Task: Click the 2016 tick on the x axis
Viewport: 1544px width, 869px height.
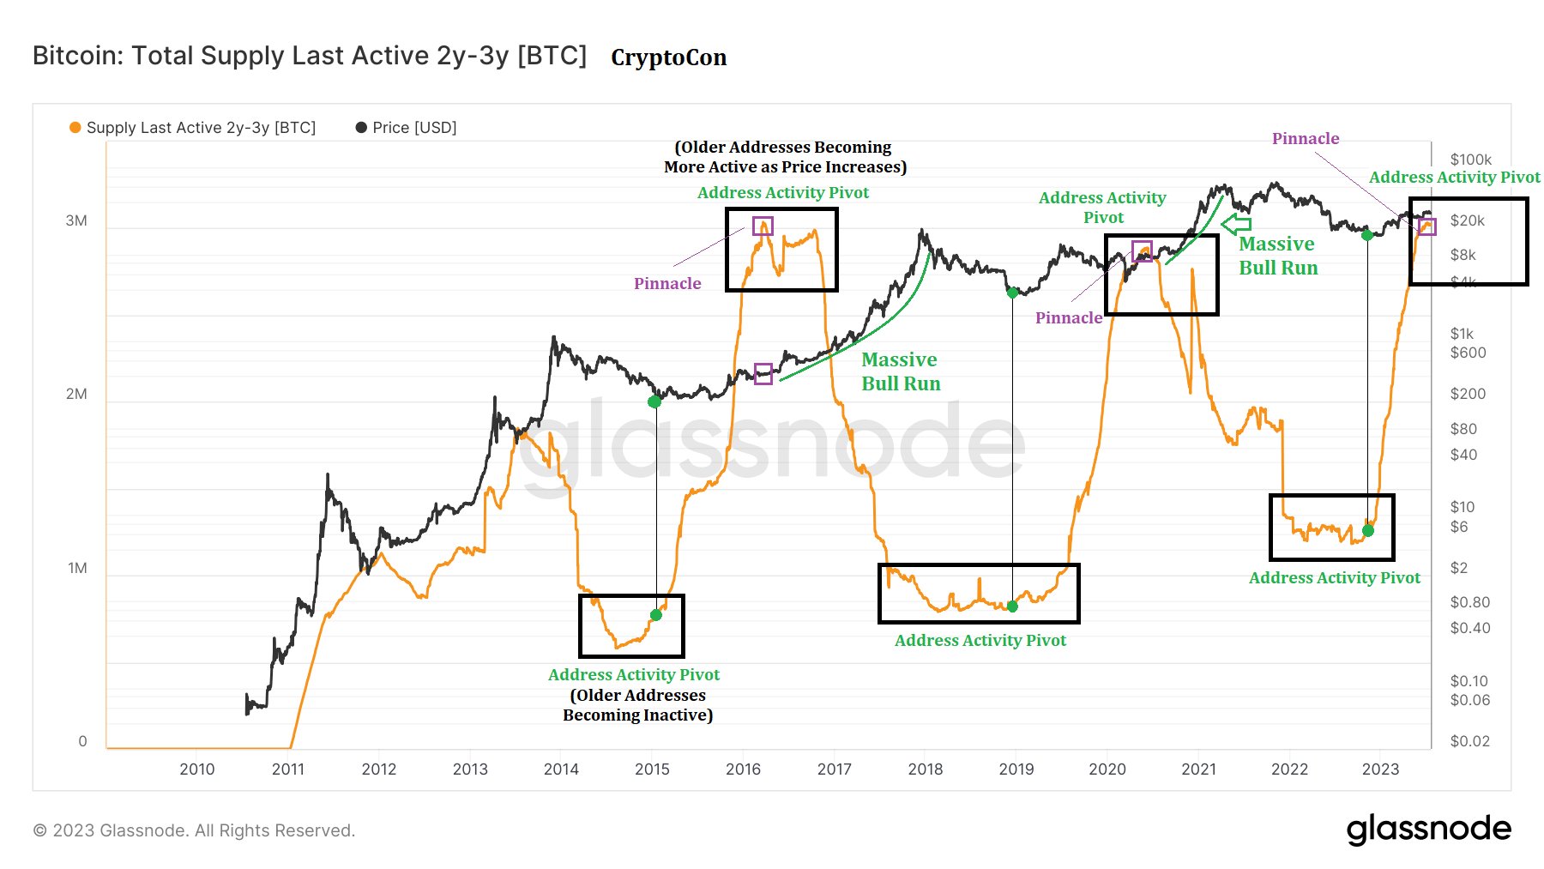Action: point(743,769)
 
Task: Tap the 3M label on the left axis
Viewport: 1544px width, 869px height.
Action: point(76,220)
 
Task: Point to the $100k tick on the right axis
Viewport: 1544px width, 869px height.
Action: point(1470,160)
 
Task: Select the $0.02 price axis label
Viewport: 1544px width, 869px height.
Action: point(1469,741)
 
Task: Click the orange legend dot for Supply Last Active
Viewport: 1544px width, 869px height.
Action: point(75,128)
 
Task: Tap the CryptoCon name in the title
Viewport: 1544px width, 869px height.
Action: point(668,57)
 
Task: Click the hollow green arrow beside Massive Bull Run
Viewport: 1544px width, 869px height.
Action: point(1235,225)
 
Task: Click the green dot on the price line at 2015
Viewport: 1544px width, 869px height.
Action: point(654,401)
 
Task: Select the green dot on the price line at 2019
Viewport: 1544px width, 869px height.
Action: point(1012,293)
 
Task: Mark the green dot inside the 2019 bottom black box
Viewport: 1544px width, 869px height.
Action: point(1012,606)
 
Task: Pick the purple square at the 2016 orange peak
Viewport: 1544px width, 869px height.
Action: point(763,226)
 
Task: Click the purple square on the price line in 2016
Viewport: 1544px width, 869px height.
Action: point(763,373)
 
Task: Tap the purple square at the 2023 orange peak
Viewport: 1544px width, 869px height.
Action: point(1426,226)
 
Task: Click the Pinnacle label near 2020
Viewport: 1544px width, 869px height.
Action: point(1068,317)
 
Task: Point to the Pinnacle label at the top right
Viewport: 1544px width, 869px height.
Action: point(1305,138)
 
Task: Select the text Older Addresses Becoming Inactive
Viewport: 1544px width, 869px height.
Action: point(637,705)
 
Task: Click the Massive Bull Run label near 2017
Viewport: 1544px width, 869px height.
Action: point(900,371)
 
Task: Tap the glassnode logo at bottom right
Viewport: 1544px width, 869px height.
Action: point(1428,829)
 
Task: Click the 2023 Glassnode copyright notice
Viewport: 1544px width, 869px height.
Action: point(194,830)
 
